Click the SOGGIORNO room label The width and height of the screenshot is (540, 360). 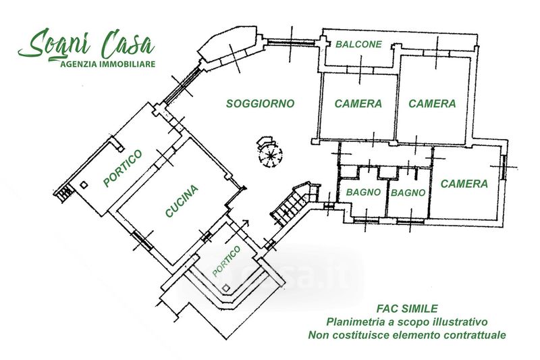click(x=260, y=104)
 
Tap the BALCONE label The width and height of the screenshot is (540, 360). click(x=358, y=45)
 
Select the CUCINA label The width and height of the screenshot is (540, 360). click(x=181, y=201)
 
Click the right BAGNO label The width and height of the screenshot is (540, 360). click(x=408, y=192)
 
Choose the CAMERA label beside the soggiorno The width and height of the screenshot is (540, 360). click(x=358, y=104)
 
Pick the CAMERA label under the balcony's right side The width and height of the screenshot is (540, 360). click(x=432, y=104)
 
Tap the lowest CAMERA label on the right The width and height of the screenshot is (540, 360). click(x=464, y=184)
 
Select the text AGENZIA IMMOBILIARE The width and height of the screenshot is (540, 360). click(x=108, y=64)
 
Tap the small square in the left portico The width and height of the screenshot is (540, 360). click(x=83, y=184)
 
